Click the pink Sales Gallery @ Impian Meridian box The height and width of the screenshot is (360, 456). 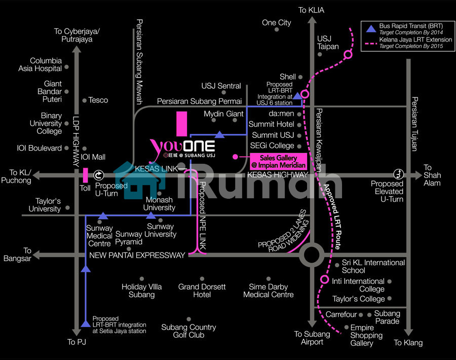[279, 161]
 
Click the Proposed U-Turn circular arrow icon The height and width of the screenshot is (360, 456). [99, 175]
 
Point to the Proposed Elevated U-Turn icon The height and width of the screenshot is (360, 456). [399, 173]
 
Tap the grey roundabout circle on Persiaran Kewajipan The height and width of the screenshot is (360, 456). [310, 255]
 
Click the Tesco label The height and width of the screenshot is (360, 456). [98, 100]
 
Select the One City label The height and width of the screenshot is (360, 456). [276, 22]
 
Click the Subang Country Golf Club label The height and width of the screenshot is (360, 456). [188, 331]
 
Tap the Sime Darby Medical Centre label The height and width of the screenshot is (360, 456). [268, 291]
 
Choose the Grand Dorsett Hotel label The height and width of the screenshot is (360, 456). [202, 291]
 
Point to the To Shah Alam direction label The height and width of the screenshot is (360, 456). [432, 175]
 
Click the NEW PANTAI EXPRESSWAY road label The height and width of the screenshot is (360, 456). [137, 255]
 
